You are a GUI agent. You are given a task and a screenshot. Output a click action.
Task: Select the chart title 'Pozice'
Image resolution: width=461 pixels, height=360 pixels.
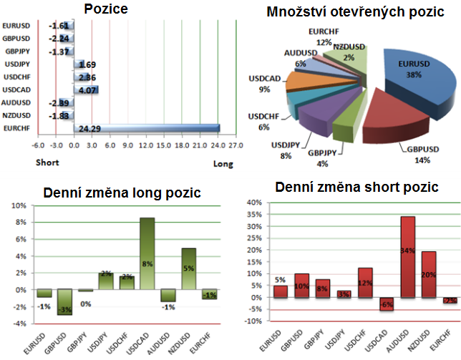(107, 9)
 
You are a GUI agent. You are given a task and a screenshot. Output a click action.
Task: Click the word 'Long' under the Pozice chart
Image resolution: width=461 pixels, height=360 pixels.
(223, 164)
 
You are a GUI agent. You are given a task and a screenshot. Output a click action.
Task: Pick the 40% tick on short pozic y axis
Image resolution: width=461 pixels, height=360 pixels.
(254, 203)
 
